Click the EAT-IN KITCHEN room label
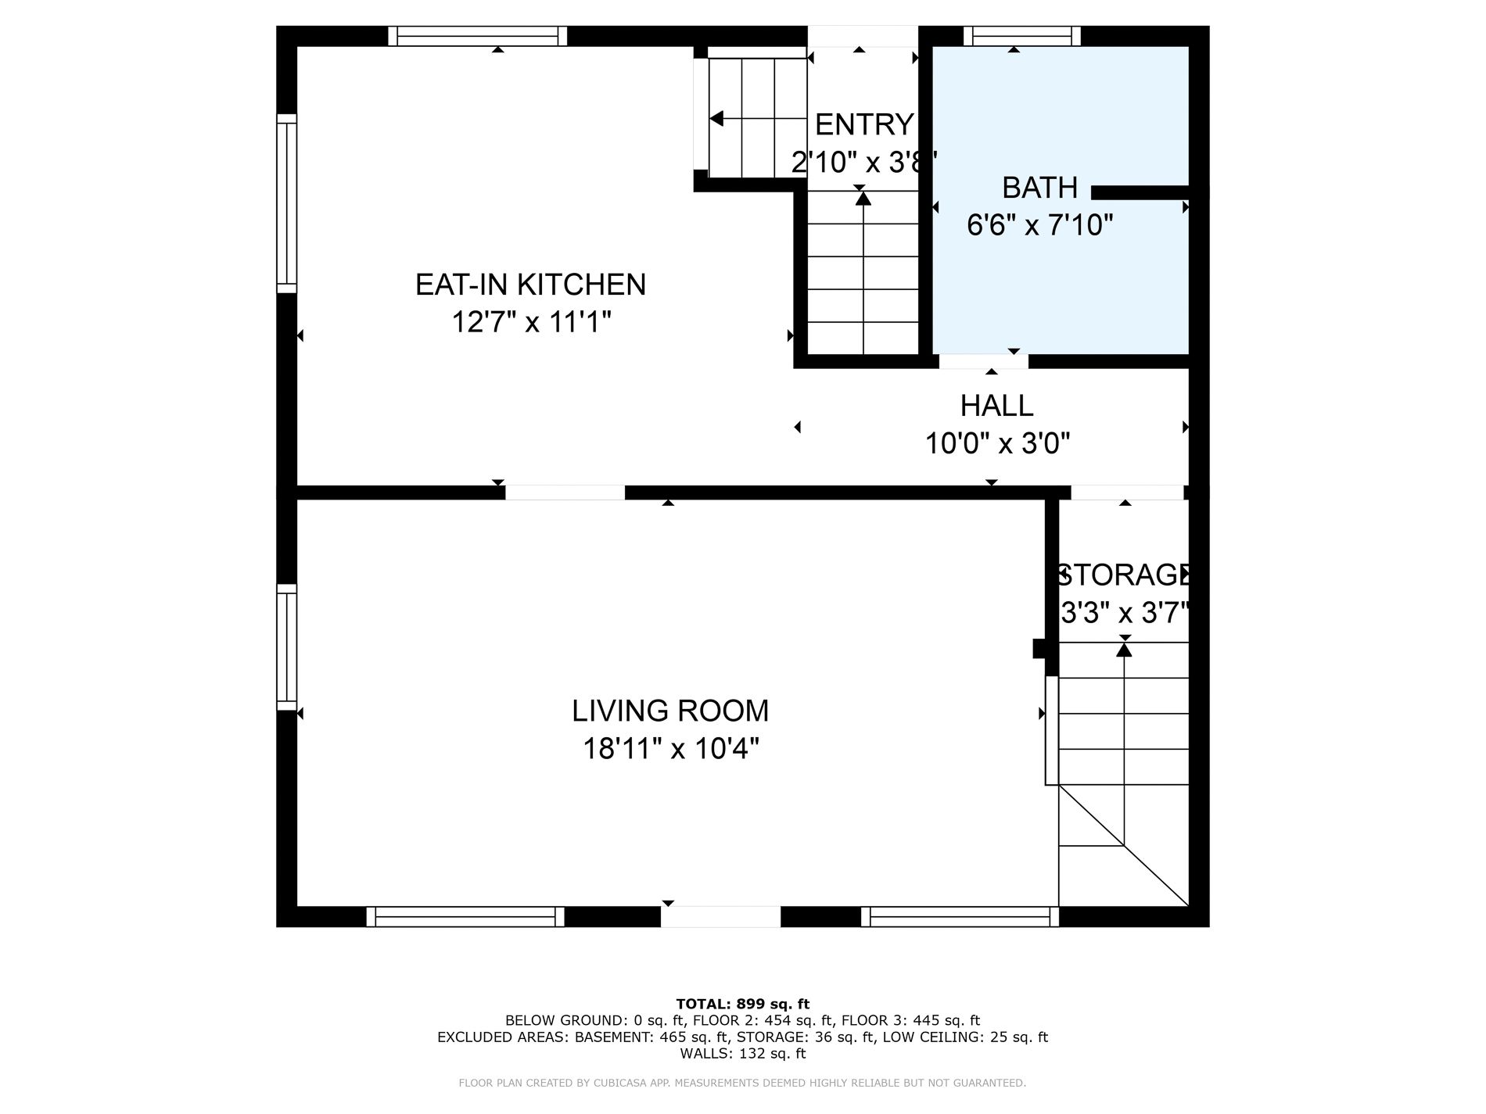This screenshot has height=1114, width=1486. point(530,284)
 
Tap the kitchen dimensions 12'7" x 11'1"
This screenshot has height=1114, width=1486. point(531,321)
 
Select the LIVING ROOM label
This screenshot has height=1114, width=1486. point(670,711)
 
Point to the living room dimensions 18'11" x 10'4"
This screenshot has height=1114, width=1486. point(671,749)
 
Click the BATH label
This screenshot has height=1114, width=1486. point(1040,188)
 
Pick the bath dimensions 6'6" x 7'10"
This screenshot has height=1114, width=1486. point(1040,225)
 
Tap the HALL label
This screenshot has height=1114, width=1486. point(996,406)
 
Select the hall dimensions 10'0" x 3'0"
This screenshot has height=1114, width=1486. point(997,444)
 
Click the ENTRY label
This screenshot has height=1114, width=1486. point(864,124)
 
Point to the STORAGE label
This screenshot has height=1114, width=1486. point(1124,575)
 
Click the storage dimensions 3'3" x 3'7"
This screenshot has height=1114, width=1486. point(1125,612)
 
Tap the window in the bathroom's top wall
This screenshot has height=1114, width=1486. point(1022,36)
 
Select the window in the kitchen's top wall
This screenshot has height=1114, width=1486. point(478,36)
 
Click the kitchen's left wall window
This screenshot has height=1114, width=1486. point(287,203)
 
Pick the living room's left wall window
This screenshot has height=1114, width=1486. point(287,647)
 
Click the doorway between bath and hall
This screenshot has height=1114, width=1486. point(984,361)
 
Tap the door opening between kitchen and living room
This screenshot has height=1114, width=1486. point(565,493)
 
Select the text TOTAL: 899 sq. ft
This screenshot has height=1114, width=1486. point(742,1004)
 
